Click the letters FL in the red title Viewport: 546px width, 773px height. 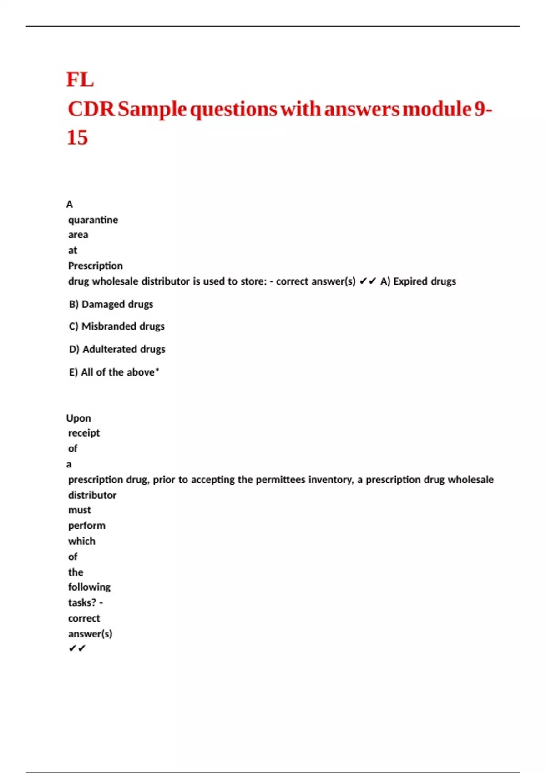[80, 80]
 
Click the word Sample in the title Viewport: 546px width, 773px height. [152, 109]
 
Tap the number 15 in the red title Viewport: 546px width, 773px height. [77, 137]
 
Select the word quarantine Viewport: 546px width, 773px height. [93, 220]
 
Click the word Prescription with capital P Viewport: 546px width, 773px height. [95, 266]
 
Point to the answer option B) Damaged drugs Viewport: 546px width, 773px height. [111, 304]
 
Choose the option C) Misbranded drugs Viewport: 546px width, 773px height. [116, 326]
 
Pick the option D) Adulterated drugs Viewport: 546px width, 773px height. [117, 349]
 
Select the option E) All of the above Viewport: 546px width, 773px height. [114, 372]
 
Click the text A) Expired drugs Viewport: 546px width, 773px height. [418, 281]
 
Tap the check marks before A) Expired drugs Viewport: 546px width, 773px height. [368, 281]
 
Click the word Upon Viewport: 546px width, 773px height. [78, 418]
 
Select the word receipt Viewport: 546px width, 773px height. [84, 433]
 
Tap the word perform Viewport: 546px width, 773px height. [86, 526]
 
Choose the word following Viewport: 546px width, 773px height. [89, 587]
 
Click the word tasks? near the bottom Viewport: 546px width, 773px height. [82, 602]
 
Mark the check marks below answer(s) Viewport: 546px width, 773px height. [77, 648]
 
